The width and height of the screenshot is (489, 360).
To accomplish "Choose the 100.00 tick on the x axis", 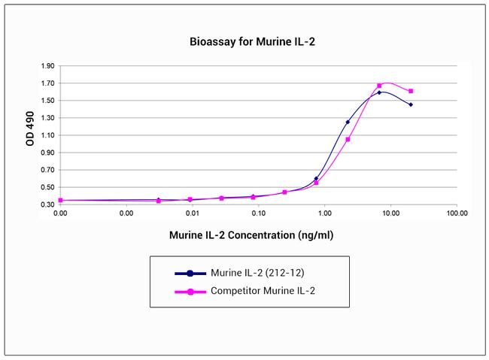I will point(457,213).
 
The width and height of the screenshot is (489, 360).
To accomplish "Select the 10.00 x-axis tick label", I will point(390,213).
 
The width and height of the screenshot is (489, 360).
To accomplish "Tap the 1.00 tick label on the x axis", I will point(325,213).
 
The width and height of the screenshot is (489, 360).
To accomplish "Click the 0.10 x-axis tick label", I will point(259,213).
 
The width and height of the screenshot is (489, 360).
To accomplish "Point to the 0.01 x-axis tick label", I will point(193,213).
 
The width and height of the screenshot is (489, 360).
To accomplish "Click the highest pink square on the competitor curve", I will point(379,86).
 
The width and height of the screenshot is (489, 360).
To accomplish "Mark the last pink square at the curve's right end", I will point(411,91).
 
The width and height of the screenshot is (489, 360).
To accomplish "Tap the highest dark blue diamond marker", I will point(379,92).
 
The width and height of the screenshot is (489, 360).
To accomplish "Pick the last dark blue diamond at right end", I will point(411,104).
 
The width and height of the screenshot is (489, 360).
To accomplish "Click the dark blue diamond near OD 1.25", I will point(348,122).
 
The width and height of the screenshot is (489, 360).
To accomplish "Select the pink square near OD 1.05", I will point(348,139).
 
